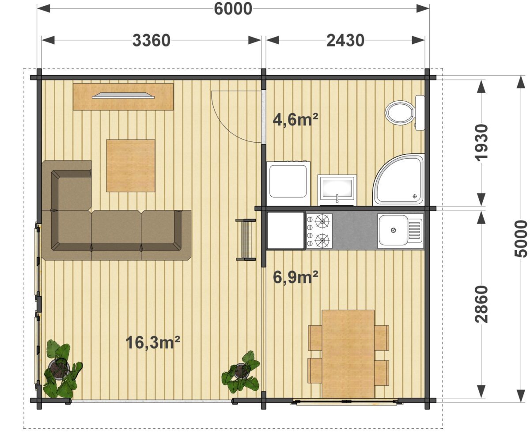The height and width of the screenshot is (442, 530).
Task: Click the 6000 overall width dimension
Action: coord(233,9)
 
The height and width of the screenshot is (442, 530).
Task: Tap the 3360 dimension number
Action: coord(151,40)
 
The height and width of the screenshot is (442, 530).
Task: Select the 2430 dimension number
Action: coord(345,40)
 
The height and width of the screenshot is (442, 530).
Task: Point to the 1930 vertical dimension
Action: coord(481,142)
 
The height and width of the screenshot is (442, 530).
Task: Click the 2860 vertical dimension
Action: coord(481,305)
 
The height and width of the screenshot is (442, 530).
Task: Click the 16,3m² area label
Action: coord(153,342)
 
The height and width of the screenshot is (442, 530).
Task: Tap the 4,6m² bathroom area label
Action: coord(295,120)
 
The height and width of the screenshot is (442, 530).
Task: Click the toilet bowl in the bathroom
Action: coord(400,113)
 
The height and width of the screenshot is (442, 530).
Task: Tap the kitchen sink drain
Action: coord(394,230)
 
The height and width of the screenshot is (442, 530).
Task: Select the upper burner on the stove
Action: coord(322,221)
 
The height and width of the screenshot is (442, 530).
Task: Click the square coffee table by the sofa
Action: coord(130,166)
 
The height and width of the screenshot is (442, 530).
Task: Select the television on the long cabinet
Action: coord(123,95)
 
